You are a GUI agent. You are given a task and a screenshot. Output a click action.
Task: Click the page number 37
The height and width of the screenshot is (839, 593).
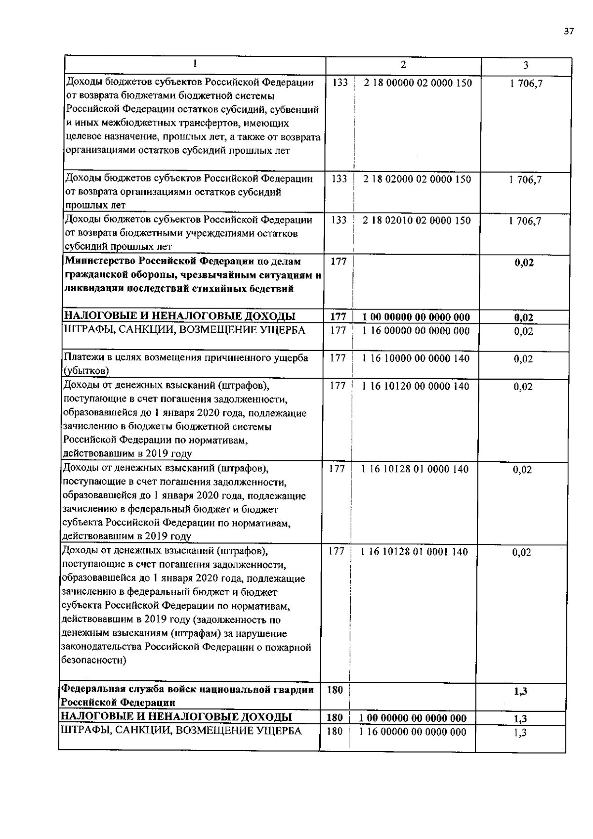pos(568,31)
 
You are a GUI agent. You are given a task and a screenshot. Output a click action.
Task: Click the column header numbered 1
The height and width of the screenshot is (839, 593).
pos(195,63)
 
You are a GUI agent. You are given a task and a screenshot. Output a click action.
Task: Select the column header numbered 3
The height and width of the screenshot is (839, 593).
pos(526,65)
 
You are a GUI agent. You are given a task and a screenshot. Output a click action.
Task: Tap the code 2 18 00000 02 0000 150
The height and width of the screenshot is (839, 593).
pos(418,83)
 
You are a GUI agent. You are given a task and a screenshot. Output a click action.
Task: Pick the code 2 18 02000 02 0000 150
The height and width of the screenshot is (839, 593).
pos(417,179)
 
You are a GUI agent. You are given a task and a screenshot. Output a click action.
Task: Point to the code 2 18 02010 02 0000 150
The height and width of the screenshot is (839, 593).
pos(417,221)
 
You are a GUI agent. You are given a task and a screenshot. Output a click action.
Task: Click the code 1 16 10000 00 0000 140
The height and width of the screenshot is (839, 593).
pos(416,358)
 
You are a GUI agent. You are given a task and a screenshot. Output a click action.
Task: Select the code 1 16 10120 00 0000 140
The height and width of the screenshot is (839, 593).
pos(416,386)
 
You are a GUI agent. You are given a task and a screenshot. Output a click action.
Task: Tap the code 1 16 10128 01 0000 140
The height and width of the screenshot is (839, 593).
pos(415,469)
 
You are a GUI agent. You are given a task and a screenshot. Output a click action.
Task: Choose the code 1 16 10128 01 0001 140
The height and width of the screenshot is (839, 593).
pos(415,552)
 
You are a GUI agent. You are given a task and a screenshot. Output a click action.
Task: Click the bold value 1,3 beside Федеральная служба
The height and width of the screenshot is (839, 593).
pos(520,692)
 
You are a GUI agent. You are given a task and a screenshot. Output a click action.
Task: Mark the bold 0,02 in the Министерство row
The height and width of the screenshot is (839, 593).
pos(524,263)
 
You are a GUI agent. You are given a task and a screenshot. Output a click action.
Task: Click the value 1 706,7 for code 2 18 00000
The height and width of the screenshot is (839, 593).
pos(526,84)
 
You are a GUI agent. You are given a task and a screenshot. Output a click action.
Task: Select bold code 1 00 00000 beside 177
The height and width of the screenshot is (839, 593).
pos(416,317)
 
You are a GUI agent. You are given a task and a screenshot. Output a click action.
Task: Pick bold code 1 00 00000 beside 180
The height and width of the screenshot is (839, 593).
pos(413,718)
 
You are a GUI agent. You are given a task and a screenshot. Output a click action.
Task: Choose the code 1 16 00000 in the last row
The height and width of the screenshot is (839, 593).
pos(413,732)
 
